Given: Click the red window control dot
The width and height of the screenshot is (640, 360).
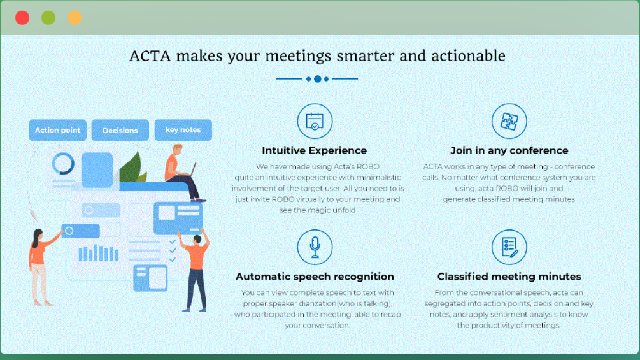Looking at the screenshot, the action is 22,18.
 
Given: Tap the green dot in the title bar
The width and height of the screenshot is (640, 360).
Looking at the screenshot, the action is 48,18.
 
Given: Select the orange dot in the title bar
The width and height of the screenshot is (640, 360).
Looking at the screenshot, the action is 75,18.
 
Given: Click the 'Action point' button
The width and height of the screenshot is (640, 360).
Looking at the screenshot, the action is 57,130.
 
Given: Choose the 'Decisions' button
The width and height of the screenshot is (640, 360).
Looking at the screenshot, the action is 120,130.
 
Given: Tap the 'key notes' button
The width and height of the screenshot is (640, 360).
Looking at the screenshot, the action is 183,130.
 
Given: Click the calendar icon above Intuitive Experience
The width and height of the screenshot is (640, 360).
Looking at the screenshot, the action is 315,121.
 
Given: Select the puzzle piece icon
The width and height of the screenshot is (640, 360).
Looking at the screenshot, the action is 509,121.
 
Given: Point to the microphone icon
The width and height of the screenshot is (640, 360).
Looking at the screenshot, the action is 315,247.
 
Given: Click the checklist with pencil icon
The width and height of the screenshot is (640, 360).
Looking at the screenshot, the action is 509,247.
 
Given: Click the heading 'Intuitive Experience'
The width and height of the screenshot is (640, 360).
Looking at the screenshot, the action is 315,150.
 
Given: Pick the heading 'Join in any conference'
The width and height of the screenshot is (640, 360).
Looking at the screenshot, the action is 509,150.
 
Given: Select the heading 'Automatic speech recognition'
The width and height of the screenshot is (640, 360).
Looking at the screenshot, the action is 315,277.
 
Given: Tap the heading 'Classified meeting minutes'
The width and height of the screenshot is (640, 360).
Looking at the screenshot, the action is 509,277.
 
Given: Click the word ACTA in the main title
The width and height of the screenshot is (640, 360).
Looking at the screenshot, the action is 150,56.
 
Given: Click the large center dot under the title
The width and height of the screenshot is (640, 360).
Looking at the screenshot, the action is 317,79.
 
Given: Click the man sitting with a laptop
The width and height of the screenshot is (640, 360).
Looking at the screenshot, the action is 183,173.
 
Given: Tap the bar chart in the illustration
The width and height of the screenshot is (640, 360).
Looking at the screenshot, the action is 98,253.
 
